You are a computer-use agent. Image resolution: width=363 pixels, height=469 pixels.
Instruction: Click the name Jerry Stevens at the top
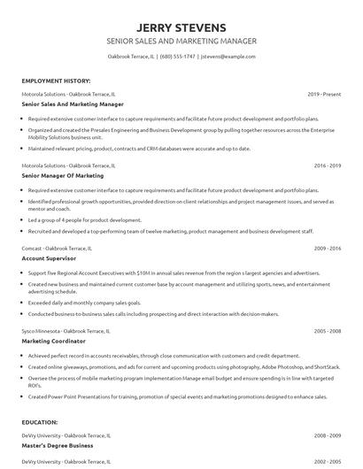(181, 27)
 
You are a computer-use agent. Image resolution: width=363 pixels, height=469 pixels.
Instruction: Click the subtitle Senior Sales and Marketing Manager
(181, 41)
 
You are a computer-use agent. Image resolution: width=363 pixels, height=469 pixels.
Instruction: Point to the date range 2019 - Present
(324, 93)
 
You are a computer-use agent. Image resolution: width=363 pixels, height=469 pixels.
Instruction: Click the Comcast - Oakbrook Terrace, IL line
(59, 248)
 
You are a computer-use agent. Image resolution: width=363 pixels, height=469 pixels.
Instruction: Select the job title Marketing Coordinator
(54, 341)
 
